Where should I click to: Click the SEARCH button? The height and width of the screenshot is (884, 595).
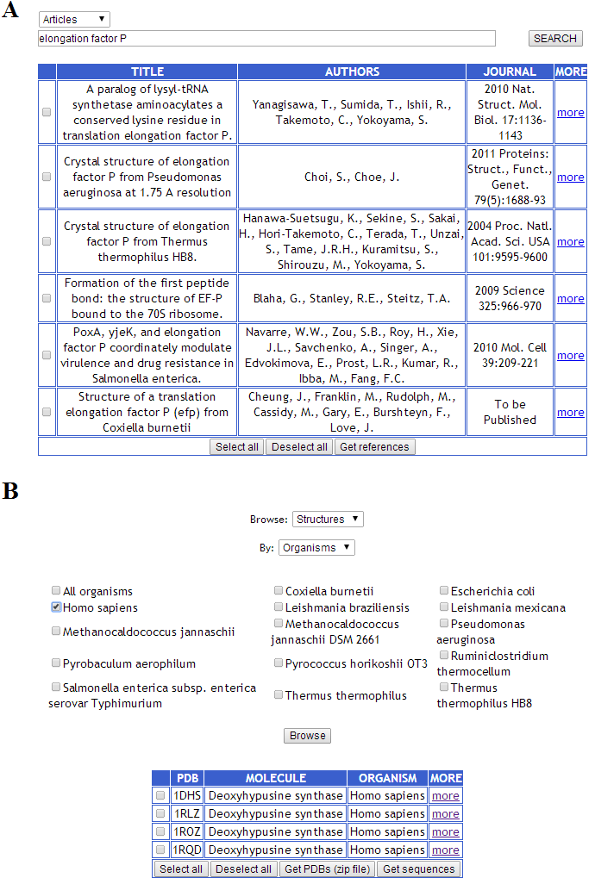554,39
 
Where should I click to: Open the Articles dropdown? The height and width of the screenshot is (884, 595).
74,19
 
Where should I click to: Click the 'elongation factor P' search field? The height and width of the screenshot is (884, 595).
266,39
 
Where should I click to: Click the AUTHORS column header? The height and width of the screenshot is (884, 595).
352,72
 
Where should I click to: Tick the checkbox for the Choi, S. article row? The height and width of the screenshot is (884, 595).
47,177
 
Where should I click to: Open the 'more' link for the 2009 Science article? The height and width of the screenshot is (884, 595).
570,298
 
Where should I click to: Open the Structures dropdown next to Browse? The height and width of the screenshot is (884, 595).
328,519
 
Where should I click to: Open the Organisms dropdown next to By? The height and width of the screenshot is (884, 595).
316,547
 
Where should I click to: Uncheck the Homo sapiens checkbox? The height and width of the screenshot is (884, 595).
56,607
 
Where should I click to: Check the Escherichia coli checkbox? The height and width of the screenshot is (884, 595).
444,591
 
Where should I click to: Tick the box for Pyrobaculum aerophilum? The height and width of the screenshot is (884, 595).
56,663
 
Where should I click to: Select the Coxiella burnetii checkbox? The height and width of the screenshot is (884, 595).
279,591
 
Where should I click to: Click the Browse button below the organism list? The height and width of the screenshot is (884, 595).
308,736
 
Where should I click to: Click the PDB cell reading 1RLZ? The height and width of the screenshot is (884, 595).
186,813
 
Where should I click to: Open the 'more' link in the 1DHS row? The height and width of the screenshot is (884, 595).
446,795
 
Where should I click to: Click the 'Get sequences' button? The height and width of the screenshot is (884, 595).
418,868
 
